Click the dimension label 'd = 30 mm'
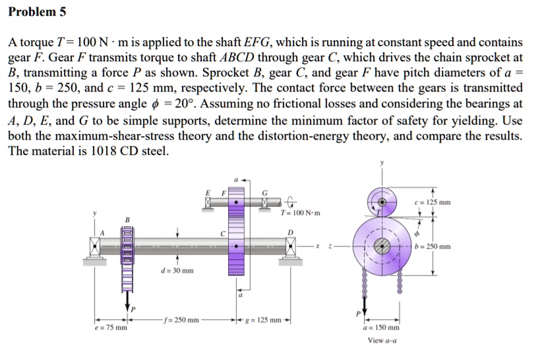(x=177, y=271)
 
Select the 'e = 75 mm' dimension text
(x=110, y=328)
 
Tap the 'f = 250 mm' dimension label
(x=180, y=320)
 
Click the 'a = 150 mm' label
(x=382, y=327)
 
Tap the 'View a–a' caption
(x=382, y=340)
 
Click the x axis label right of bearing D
(x=317, y=247)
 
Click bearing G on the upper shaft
(x=266, y=200)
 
